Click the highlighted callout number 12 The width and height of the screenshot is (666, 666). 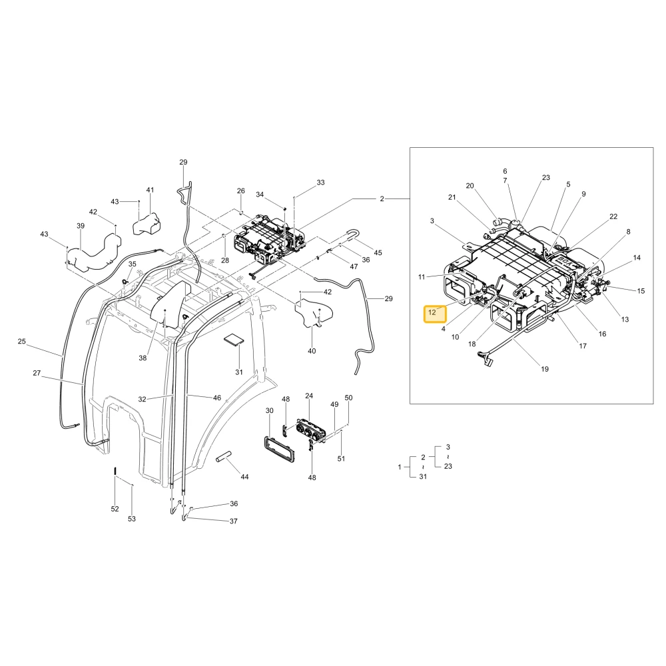(x=432, y=312)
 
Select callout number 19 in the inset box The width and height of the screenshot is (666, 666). (x=545, y=369)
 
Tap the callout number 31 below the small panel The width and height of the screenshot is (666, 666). (x=239, y=372)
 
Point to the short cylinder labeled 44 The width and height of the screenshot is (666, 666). (x=223, y=457)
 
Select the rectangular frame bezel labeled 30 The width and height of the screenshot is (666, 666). (x=278, y=448)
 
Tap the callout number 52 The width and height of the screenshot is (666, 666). (x=115, y=509)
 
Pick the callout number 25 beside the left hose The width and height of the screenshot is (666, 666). (x=22, y=341)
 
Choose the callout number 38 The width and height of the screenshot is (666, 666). (x=143, y=358)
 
